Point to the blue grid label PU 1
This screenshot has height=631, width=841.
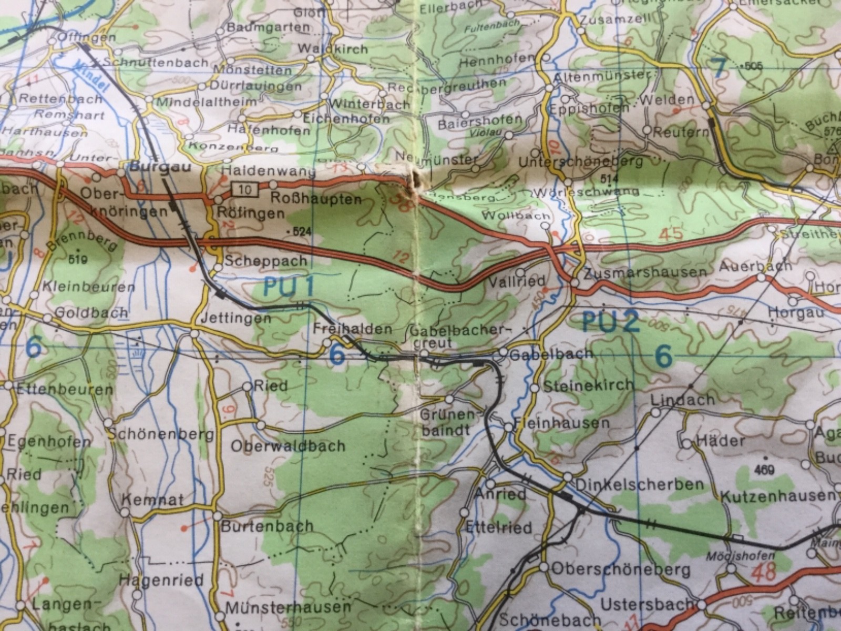click(288, 287)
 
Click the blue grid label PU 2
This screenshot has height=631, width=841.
click(611, 322)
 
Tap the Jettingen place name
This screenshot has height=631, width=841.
click(243, 318)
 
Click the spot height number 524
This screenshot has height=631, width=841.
click(298, 231)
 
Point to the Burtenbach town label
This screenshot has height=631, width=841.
click(267, 526)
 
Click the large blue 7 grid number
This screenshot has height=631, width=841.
click(719, 66)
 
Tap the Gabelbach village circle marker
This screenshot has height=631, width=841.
click(503, 352)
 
